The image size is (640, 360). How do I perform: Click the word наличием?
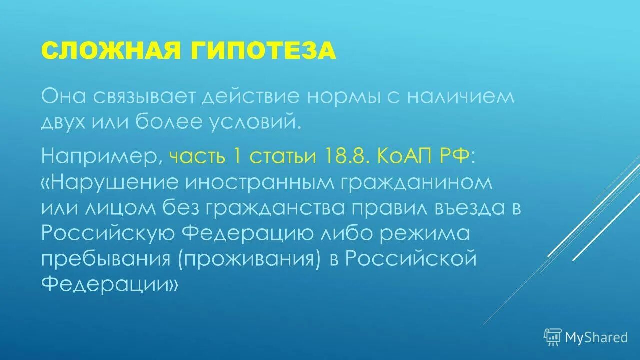460,96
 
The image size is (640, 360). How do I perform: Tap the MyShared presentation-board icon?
553,337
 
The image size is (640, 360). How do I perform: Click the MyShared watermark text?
596,338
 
